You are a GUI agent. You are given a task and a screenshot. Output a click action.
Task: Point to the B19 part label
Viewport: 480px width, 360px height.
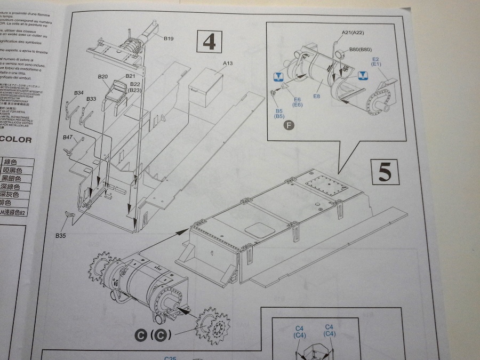(x=169, y=39)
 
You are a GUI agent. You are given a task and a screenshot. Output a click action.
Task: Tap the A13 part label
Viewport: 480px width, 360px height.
(x=228, y=63)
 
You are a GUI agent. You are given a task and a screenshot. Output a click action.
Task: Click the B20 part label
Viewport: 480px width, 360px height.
(x=103, y=77)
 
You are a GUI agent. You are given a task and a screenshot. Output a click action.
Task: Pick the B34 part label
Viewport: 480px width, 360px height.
(x=78, y=93)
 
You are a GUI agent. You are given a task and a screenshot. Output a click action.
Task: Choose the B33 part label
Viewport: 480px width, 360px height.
(x=91, y=99)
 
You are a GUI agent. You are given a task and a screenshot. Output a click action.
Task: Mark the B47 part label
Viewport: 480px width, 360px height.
(x=68, y=137)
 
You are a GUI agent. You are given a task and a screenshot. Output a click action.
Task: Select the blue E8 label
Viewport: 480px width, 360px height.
(x=317, y=96)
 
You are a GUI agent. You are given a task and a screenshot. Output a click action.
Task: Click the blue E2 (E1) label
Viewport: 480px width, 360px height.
(x=375, y=61)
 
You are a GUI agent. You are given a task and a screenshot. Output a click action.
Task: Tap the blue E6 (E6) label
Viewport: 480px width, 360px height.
(x=297, y=102)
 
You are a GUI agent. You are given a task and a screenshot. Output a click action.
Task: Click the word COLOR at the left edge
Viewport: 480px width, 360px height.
(x=16, y=140)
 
